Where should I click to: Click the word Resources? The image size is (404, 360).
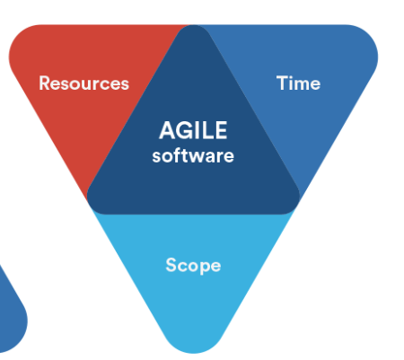tap(84, 83)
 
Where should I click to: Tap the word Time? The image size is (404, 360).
tap(298, 83)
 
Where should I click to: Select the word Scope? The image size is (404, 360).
tap(193, 266)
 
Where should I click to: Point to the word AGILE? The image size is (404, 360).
tap(193, 130)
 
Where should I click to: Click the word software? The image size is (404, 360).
tap(193, 155)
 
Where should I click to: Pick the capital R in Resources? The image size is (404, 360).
tap(45, 83)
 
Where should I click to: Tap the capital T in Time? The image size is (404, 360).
tap(282, 83)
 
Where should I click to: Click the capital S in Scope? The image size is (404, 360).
tap(171, 265)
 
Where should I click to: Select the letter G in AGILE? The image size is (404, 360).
tap(184, 130)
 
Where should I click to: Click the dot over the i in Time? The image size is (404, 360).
tap(291, 76)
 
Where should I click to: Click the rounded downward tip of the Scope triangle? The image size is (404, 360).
tap(193, 351)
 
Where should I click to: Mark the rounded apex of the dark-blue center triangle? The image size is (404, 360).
tap(193, 28)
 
